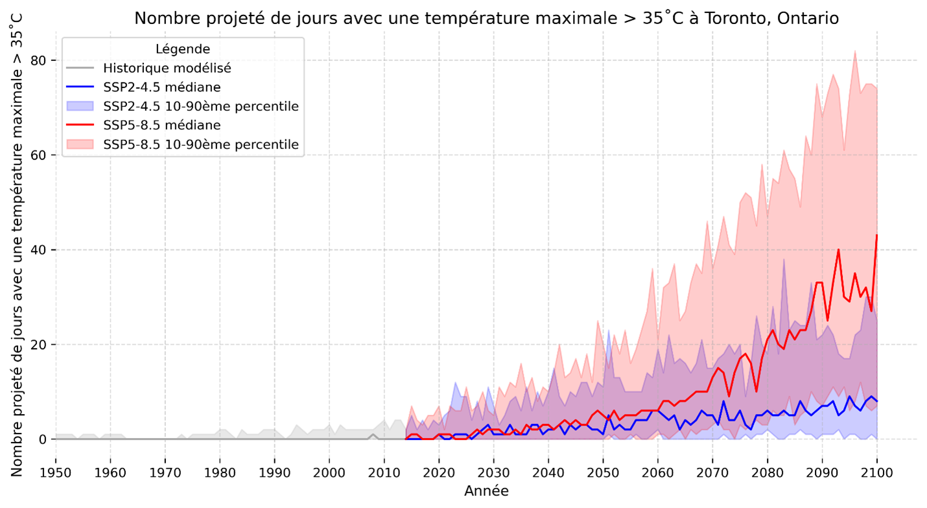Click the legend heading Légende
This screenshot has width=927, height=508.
coord(183,49)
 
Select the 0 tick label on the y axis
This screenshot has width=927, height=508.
coord(43,439)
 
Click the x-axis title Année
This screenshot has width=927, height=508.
coord(486,491)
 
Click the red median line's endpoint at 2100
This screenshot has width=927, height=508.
coord(876,235)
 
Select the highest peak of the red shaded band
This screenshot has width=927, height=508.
coord(855,51)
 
